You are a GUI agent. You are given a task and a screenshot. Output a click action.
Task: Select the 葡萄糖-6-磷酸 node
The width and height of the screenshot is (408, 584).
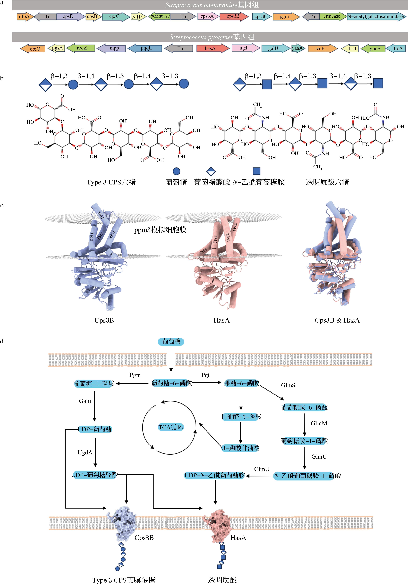171,383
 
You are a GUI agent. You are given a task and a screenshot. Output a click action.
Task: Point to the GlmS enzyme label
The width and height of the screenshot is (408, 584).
288,385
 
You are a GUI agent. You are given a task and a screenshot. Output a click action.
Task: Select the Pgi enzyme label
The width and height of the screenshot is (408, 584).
205,375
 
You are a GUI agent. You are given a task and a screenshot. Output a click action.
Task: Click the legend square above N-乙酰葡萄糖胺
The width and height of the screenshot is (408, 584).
256,171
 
